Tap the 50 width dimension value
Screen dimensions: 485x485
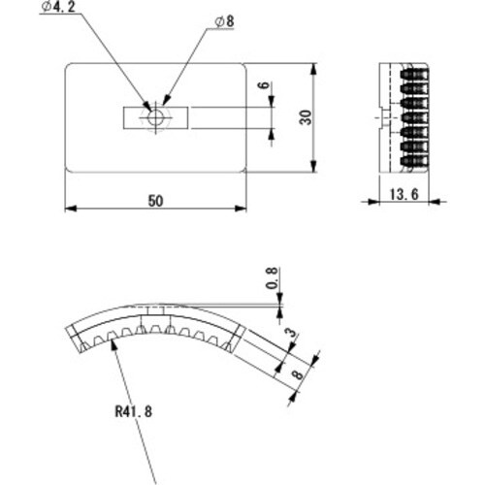click(155, 200)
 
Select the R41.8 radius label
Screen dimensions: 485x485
click(133, 409)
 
